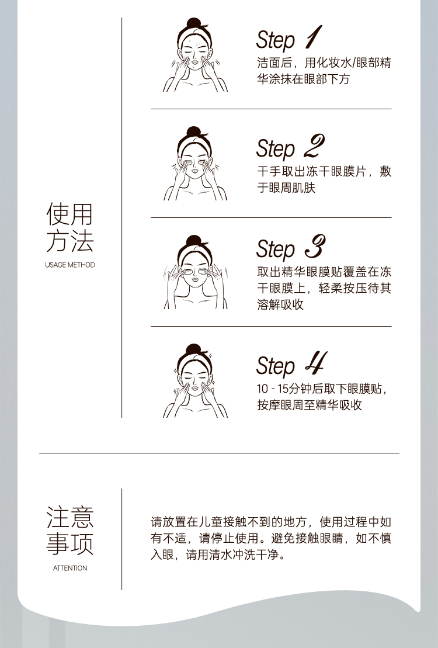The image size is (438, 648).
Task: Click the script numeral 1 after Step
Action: pyautogui.click(x=314, y=37)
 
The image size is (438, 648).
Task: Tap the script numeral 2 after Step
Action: pyautogui.click(x=314, y=146)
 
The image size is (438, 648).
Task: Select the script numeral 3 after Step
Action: pyautogui.click(x=315, y=247)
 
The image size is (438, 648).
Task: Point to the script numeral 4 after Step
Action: pyautogui.click(x=316, y=363)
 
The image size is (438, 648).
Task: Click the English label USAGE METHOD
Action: pyautogui.click(x=70, y=265)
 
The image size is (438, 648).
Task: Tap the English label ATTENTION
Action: pyautogui.click(x=70, y=568)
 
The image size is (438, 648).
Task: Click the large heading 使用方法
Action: pyautogui.click(x=70, y=227)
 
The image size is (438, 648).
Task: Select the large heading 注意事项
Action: pyautogui.click(x=70, y=531)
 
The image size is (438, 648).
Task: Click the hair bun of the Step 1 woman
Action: pyautogui.click(x=194, y=23)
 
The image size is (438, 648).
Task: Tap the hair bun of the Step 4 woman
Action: pyautogui.click(x=193, y=349)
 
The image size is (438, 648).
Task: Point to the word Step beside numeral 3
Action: pyautogui.click(x=276, y=249)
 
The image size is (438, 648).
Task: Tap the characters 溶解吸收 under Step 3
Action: pyautogui.click(x=280, y=304)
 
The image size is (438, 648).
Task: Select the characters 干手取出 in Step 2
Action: pyautogui.click(x=280, y=172)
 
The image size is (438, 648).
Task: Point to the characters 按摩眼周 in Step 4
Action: pyautogui.click(x=280, y=405)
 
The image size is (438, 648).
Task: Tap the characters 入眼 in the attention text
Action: pyautogui.click(x=162, y=555)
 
